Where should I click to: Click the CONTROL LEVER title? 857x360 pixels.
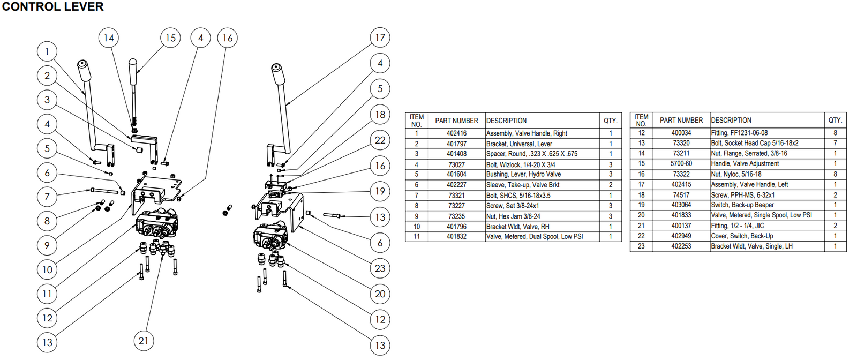(x=52, y=7)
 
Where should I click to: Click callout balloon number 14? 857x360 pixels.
(x=109, y=38)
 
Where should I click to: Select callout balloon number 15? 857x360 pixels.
(x=170, y=38)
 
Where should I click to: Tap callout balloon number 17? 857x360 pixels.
(x=380, y=37)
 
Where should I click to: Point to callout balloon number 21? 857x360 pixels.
(x=144, y=341)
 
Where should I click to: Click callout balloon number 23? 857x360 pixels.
(x=380, y=268)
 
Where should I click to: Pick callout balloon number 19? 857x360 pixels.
(x=380, y=191)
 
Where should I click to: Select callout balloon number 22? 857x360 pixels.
(x=380, y=140)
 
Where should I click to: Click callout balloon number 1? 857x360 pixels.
(x=47, y=51)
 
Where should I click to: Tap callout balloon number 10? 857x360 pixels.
(x=47, y=269)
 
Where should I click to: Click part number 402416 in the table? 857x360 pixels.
(x=456, y=133)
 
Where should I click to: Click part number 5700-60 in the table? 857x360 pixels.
(x=681, y=164)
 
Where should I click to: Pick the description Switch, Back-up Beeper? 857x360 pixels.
(x=742, y=205)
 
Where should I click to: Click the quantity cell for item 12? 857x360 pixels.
(x=835, y=133)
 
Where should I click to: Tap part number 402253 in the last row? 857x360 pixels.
(x=681, y=246)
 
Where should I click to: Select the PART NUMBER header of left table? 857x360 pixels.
(x=456, y=121)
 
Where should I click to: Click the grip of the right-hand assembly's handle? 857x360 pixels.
(x=277, y=74)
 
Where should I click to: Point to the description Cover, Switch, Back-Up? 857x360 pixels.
(x=742, y=236)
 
